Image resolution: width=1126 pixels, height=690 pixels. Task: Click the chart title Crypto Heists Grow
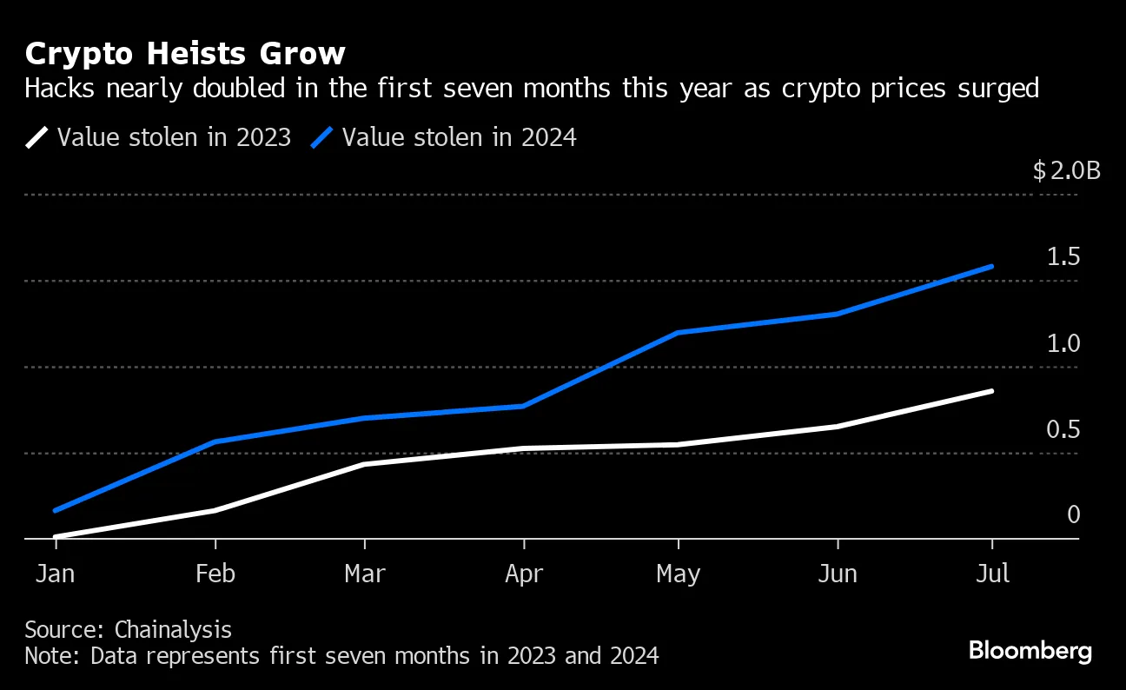(185, 54)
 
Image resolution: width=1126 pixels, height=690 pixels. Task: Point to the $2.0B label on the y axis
(1067, 170)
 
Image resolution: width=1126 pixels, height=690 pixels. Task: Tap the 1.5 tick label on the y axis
(1063, 257)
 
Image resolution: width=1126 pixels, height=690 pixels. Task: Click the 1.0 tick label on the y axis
(1063, 343)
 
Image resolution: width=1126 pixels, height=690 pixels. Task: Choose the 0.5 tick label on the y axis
(1063, 429)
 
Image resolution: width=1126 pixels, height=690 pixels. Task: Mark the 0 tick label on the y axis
(1073, 514)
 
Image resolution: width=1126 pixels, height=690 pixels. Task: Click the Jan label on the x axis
(55, 574)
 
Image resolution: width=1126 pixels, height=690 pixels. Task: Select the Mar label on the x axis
(364, 574)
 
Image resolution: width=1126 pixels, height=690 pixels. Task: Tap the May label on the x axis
(678, 574)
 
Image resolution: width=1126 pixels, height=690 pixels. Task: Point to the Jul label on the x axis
(992, 574)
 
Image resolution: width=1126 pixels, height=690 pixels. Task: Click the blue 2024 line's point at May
(678, 333)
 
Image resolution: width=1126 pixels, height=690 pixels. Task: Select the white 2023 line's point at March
(364, 464)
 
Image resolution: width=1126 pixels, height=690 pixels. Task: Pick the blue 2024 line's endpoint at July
(992, 267)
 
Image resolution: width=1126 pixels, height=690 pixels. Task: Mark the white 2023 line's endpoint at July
(992, 391)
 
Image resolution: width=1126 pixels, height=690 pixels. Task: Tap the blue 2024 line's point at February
(215, 442)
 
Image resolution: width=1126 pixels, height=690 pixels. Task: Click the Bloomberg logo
(1030, 650)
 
